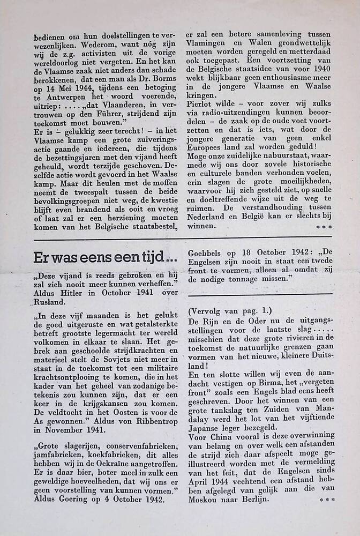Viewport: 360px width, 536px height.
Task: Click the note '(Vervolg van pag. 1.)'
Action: pos(230,311)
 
